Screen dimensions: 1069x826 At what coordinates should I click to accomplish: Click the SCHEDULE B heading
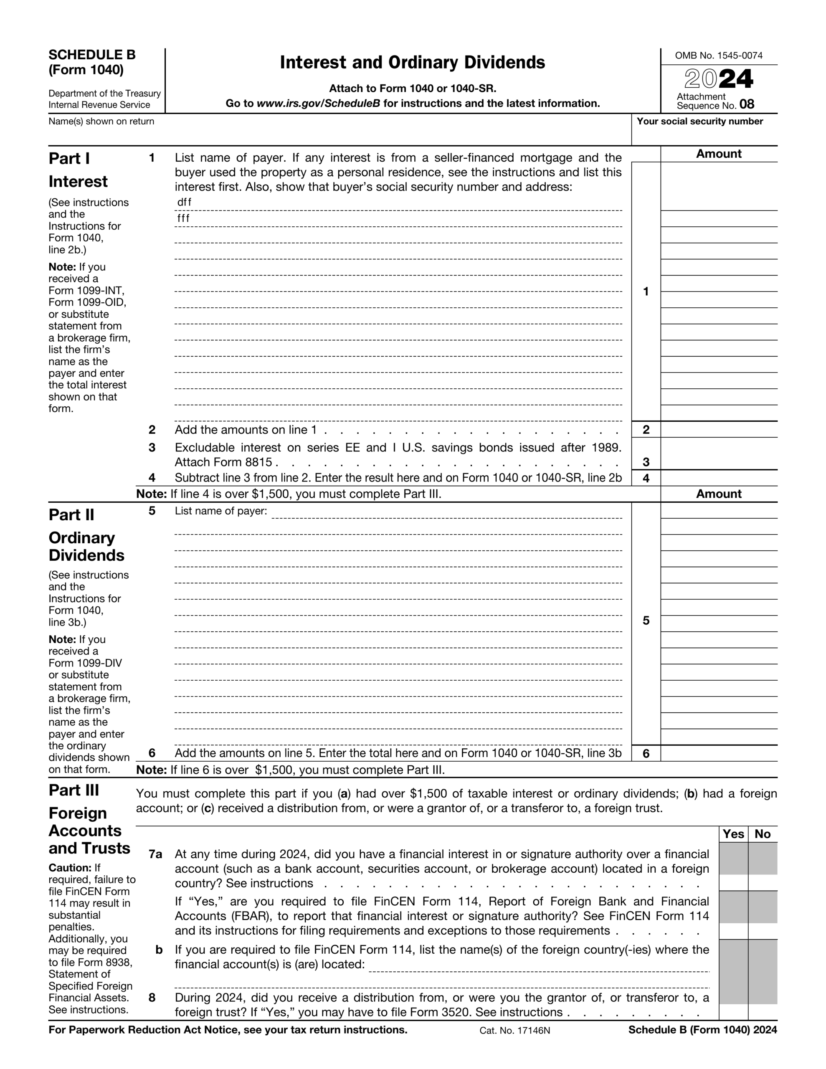click(92, 55)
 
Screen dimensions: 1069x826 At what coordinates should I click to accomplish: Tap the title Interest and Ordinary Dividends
click(412, 63)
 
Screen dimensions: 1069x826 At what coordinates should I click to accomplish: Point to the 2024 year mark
click(718, 79)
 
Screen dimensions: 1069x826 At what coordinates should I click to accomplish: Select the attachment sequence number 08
click(747, 104)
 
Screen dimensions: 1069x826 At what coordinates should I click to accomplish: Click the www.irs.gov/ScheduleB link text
click(318, 104)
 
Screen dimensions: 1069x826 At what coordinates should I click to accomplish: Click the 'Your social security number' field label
click(699, 122)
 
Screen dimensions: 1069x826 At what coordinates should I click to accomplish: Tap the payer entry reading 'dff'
click(185, 203)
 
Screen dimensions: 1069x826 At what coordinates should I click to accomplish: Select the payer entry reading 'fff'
click(184, 219)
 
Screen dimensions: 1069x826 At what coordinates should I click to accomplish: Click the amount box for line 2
click(718, 430)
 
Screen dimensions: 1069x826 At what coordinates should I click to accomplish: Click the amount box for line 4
click(718, 478)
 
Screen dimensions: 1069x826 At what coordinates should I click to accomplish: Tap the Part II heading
click(71, 515)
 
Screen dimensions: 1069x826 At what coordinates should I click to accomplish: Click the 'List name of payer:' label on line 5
click(221, 511)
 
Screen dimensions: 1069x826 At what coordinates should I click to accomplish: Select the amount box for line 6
click(718, 753)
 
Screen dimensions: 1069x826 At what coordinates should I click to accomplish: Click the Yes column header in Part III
click(733, 834)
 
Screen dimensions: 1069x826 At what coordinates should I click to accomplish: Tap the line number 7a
click(155, 854)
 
